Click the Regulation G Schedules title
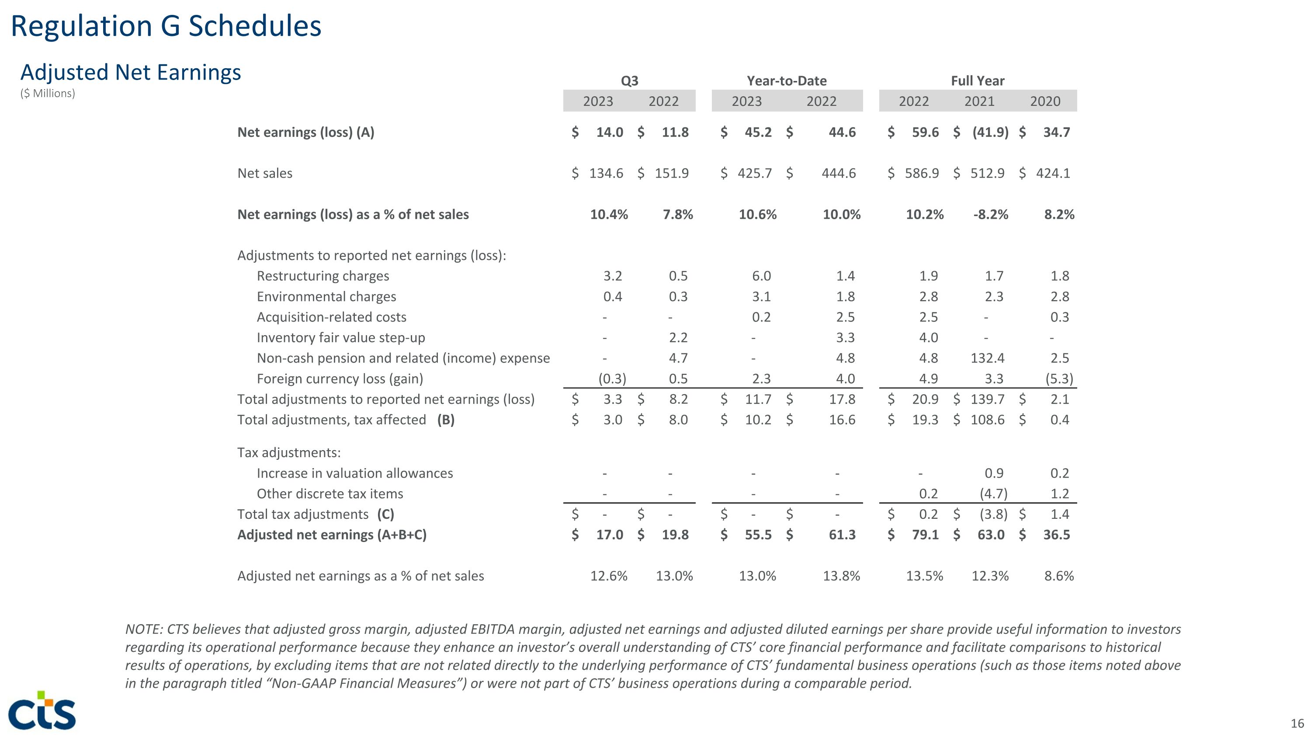click(x=166, y=27)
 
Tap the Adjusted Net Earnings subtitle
click(x=130, y=72)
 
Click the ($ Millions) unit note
click(x=48, y=94)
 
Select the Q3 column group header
click(x=630, y=81)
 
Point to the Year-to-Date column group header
click(x=786, y=81)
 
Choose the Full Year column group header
click(x=978, y=81)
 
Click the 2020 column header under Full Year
click(x=1045, y=101)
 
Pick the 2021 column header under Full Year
click(x=979, y=101)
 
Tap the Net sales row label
click(x=265, y=174)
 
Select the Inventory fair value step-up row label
click(x=340, y=338)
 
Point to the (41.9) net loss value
click(x=990, y=133)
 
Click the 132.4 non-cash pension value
click(x=987, y=358)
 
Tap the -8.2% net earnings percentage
click(x=990, y=214)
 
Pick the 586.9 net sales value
click(x=922, y=174)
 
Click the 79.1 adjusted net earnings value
click(x=925, y=535)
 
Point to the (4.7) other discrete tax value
click(x=993, y=493)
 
